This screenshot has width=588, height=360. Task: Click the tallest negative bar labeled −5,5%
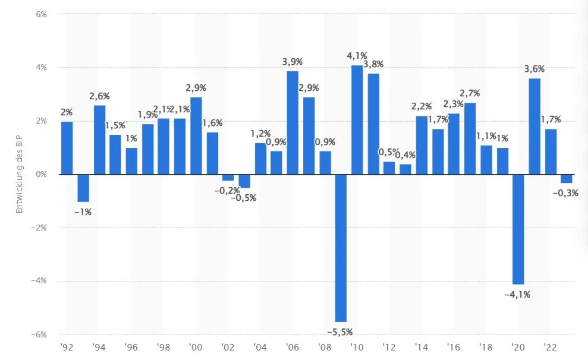(341, 248)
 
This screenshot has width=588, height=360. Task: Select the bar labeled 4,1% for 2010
(357, 120)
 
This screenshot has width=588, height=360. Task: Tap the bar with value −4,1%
(518, 229)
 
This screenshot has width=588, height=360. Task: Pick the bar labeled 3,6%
(534, 127)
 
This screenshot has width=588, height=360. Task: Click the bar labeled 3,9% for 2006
(293, 123)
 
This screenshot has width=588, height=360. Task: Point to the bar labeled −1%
(83, 188)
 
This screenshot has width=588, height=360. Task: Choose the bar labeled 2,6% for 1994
(99, 140)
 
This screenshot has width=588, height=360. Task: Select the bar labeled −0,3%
(567, 179)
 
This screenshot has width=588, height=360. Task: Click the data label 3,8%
(373, 64)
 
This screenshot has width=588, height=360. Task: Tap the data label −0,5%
(243, 198)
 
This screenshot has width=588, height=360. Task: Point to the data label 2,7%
(470, 93)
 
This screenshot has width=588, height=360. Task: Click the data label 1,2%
(260, 134)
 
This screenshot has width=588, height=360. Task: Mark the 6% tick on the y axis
(41, 14)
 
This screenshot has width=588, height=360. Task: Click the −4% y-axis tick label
(39, 280)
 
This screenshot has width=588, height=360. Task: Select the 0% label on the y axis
(41, 174)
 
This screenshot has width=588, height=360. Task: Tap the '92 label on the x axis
(67, 348)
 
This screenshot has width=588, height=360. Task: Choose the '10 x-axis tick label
(357, 348)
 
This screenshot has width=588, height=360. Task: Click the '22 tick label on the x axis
(550, 348)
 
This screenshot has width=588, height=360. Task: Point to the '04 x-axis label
(260, 348)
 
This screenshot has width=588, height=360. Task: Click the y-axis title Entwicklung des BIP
(19, 174)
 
